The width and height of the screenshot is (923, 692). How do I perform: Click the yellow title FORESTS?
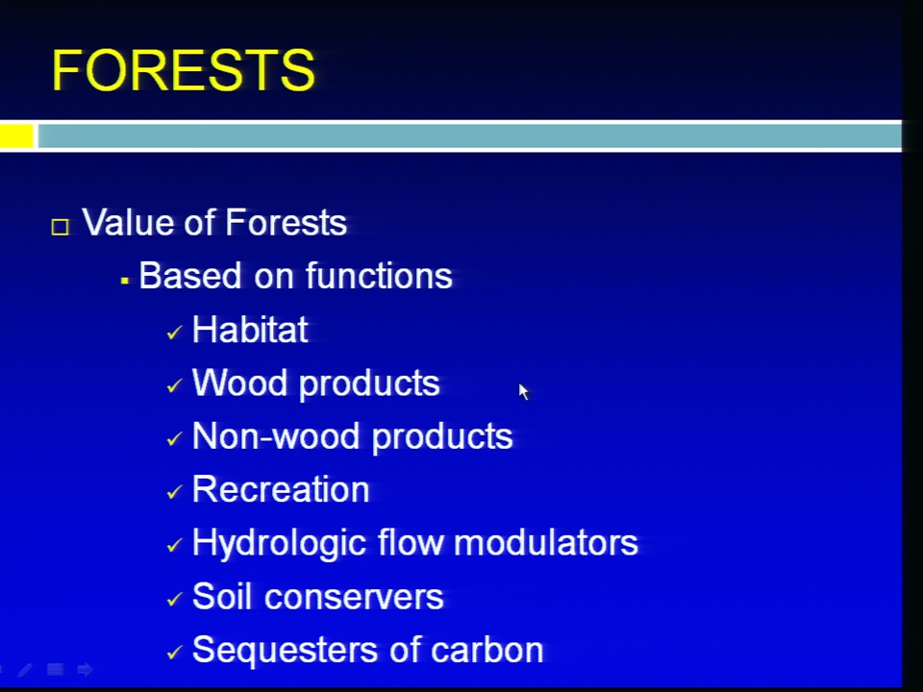[x=184, y=70]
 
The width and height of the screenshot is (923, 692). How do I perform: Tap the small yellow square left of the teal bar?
[x=16, y=136]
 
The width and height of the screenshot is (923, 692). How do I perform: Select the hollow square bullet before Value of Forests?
[x=60, y=227]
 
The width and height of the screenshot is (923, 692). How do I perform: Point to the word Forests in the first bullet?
[x=286, y=222]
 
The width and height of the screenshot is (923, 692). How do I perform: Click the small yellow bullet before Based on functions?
[x=124, y=282]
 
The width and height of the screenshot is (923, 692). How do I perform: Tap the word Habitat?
[x=250, y=329]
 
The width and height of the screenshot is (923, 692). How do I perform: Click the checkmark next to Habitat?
[x=174, y=334]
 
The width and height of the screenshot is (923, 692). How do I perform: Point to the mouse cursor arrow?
[x=523, y=391]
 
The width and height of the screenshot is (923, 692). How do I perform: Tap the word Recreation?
[x=281, y=489]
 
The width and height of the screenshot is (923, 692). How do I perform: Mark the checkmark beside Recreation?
[x=174, y=492]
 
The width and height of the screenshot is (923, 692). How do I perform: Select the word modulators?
[x=546, y=542]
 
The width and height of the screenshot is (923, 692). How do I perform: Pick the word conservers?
[x=354, y=597]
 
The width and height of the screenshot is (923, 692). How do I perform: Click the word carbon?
[x=486, y=651]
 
